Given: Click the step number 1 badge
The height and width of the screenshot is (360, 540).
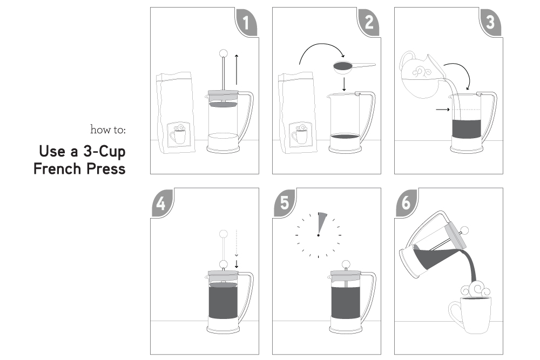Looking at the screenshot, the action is pyautogui.click(x=247, y=22).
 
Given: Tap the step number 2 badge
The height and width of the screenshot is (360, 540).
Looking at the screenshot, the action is pyautogui.click(x=369, y=22).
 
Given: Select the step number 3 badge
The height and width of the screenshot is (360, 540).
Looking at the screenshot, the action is pyautogui.click(x=491, y=22).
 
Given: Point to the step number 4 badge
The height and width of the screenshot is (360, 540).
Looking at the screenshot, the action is pyautogui.click(x=162, y=203).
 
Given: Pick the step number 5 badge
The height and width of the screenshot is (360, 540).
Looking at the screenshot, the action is pyautogui.click(x=284, y=203).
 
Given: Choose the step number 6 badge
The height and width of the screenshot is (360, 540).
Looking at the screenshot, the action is pyautogui.click(x=407, y=203).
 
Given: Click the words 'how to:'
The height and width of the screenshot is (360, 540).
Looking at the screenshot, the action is pyautogui.click(x=108, y=130).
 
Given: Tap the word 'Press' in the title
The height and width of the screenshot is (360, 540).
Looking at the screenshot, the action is pyautogui.click(x=106, y=168).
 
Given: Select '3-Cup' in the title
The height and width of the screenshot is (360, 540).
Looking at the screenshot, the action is pyautogui.click(x=104, y=152).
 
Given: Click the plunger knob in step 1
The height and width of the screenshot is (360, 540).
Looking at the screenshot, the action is pyautogui.click(x=224, y=53).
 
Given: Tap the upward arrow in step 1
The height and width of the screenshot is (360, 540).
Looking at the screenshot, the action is pyautogui.click(x=237, y=70).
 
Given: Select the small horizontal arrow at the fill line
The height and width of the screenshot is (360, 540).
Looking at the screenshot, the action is pyautogui.click(x=443, y=110).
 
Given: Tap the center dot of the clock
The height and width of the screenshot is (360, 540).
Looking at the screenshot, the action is pyautogui.click(x=318, y=235).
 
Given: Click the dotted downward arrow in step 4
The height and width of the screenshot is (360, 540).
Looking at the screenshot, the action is pyautogui.click(x=237, y=243).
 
